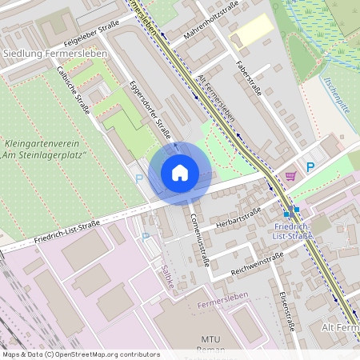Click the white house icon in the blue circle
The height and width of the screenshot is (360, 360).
pyautogui.click(x=179, y=173)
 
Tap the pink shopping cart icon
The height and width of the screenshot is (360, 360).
pyautogui.click(x=290, y=175)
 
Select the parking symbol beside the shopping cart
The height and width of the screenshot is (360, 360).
pyautogui.click(x=310, y=166)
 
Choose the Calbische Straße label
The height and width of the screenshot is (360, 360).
pyautogui.click(x=74, y=90)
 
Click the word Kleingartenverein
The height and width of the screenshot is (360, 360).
pyautogui.click(x=42, y=144)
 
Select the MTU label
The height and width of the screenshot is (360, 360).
pyautogui.click(x=211, y=339)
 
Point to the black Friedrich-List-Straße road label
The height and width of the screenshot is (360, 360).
pyautogui.click(x=66, y=230)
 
